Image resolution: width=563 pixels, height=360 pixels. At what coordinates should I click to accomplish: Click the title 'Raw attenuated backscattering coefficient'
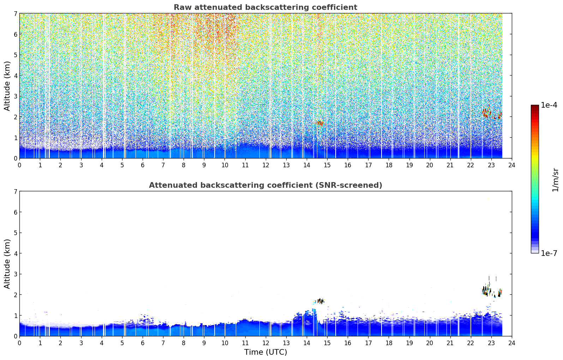pyautogui.click(x=265, y=7)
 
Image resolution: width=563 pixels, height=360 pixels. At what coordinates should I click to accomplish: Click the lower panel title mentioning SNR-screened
pyautogui.click(x=265, y=185)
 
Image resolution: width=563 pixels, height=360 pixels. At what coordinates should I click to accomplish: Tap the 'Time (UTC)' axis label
pyautogui.click(x=265, y=352)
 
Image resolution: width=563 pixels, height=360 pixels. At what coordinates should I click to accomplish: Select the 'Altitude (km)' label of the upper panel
pyautogui.click(x=7, y=86)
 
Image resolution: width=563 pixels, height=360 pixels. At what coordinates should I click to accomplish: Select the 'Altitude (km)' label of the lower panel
pyautogui.click(x=7, y=264)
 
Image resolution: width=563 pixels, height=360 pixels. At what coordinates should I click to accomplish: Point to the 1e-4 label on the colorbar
pyautogui.click(x=549, y=105)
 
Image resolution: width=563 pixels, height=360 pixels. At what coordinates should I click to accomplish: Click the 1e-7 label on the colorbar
pyautogui.click(x=549, y=253)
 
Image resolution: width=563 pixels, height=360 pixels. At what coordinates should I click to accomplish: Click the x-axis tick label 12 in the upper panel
pyautogui.click(x=266, y=165)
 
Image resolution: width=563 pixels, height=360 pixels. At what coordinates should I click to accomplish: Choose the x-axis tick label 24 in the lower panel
pyautogui.click(x=512, y=343)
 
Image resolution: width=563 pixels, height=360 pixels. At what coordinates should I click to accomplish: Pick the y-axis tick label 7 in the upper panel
pyautogui.click(x=15, y=13)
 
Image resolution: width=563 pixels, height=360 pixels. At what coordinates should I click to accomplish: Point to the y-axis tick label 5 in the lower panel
pyautogui.click(x=15, y=233)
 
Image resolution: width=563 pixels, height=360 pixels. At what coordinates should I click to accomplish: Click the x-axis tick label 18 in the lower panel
pyautogui.click(x=389, y=343)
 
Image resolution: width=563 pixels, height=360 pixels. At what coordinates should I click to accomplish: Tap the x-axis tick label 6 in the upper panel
pyautogui.click(x=143, y=165)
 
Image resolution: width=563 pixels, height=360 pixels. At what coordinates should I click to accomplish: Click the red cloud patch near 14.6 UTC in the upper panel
pyautogui.click(x=320, y=123)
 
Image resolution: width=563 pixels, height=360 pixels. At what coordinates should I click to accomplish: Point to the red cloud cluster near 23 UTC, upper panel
pyautogui.click(x=492, y=112)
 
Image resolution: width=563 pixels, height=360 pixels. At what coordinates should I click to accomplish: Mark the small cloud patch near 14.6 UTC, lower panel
pyautogui.click(x=319, y=301)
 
